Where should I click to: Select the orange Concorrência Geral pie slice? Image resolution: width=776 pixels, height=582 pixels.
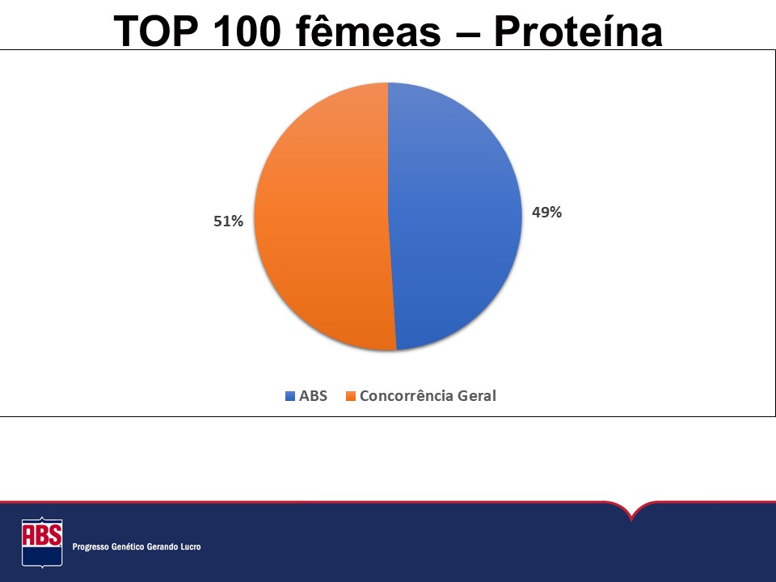(x=322, y=217)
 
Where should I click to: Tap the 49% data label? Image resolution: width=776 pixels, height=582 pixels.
(x=547, y=213)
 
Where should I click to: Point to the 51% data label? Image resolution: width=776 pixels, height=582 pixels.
(x=228, y=221)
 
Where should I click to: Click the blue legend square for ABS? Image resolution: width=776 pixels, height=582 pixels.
(x=290, y=396)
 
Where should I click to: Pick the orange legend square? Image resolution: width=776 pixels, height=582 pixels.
(x=351, y=396)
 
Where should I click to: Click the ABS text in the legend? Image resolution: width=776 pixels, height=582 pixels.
(x=314, y=396)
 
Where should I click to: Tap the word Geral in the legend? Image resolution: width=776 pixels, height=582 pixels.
(x=477, y=396)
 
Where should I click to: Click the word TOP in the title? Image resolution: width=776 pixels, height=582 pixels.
(x=156, y=32)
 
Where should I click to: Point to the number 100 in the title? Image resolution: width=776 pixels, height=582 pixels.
(x=247, y=32)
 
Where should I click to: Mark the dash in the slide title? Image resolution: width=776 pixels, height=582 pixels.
(x=467, y=35)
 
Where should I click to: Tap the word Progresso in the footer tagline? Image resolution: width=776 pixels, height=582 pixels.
(x=88, y=547)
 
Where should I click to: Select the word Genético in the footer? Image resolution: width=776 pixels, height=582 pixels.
(x=126, y=546)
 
